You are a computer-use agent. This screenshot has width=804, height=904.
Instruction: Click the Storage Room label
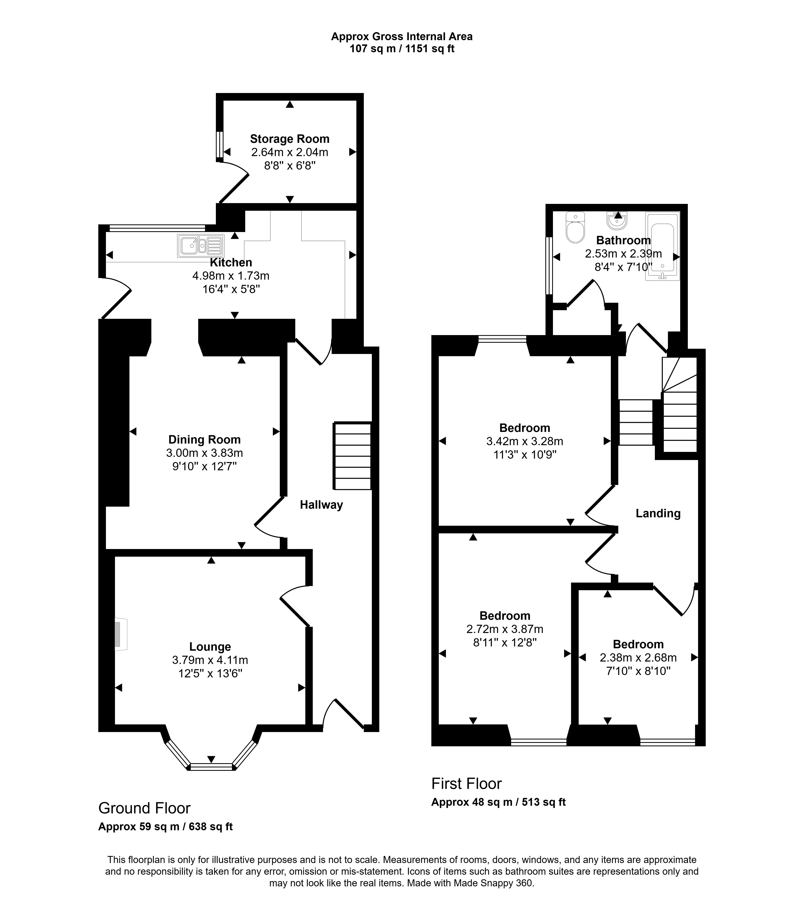[x=290, y=139]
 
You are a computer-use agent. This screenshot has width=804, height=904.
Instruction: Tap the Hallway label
[x=321, y=505]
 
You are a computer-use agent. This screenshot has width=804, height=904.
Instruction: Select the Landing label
[x=658, y=513]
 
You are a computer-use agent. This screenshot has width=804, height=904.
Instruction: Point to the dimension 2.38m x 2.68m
[x=638, y=657]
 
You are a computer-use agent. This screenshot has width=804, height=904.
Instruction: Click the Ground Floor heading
[x=144, y=808]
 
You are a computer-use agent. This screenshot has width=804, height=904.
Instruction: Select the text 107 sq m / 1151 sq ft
[x=402, y=49]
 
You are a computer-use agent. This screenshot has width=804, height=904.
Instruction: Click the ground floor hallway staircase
[x=352, y=456]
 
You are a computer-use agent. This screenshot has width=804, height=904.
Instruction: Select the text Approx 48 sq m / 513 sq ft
[x=498, y=802]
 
